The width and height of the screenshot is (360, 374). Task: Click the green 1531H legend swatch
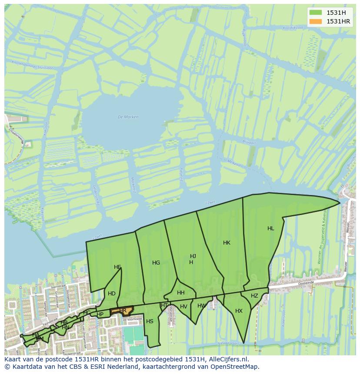tap(316, 12)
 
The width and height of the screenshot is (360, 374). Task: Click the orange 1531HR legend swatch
tap(316, 21)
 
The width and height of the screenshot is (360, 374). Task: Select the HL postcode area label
tap(271, 228)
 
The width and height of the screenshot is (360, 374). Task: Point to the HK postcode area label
tap(227, 243)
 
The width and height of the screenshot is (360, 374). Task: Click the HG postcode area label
tap(156, 263)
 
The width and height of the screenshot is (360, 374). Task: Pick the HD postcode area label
tap(112, 294)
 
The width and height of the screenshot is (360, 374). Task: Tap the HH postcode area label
tap(181, 293)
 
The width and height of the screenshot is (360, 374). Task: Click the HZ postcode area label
tap(254, 296)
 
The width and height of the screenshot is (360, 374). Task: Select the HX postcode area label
tap(239, 311)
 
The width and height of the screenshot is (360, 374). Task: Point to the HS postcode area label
tap(150, 321)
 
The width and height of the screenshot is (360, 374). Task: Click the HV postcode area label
tap(183, 307)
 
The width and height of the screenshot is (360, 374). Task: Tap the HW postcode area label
tap(201, 306)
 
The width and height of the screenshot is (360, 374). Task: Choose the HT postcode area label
tap(164, 305)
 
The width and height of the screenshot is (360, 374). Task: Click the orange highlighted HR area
tap(123, 310)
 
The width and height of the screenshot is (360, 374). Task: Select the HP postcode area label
tap(100, 314)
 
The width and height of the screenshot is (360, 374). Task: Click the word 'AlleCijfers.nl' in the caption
tap(228, 360)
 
